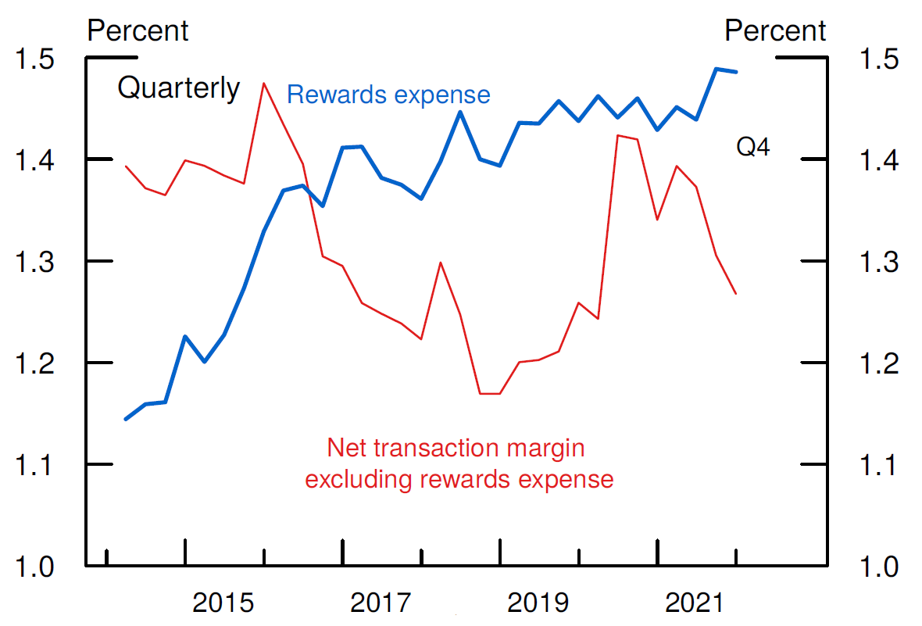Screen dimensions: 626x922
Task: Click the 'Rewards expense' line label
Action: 388,95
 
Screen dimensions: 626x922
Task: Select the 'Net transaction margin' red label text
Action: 456,449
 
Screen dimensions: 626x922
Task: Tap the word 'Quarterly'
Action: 178,88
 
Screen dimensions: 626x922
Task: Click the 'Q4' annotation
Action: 753,146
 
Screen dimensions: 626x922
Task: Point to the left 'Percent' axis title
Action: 138,31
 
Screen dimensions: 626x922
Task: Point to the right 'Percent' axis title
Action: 774,31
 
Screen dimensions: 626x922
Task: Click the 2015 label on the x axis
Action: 224,603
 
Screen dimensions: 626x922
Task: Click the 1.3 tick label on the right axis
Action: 879,262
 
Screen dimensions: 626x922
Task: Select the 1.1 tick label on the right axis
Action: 879,465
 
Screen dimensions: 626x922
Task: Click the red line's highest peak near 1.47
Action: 263,83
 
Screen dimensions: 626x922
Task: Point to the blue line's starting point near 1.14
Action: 126,420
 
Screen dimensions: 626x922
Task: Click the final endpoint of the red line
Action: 736,294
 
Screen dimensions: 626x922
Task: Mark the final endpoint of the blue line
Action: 736,72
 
